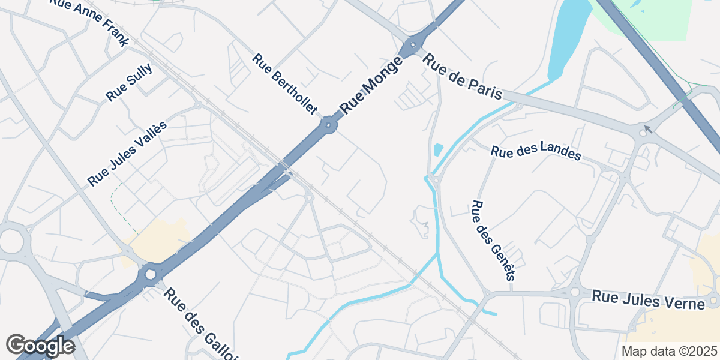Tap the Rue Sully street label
129,82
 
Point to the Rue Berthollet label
285,84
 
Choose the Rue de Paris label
462,77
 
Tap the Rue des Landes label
536,152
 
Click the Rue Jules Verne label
648,299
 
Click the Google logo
40,346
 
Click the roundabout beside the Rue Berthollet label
328,126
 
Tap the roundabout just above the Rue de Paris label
413,46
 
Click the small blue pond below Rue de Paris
438,149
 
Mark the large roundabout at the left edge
11,242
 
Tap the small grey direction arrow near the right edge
647,128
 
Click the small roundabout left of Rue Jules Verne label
575,293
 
